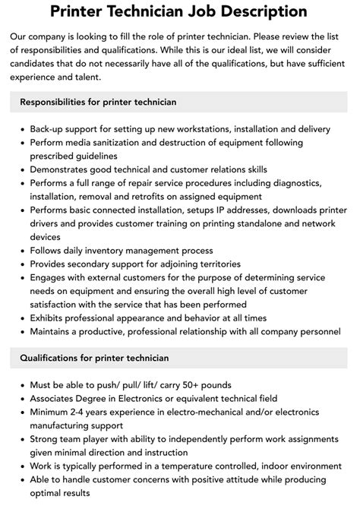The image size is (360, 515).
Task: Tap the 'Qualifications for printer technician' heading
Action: coord(94,358)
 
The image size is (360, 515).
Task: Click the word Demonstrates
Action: coord(65,169)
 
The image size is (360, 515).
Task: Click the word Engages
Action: coord(51,278)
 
